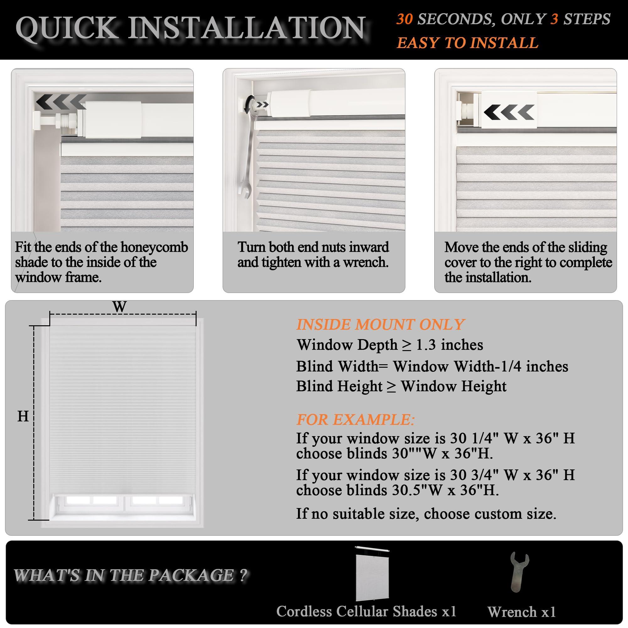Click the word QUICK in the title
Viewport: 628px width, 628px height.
[67, 29]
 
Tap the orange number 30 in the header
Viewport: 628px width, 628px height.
[404, 19]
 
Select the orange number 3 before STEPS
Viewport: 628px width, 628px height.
[554, 19]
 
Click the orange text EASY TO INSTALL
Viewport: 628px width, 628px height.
[468, 43]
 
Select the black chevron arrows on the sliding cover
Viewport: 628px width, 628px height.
[509, 112]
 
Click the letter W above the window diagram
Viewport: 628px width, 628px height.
[120, 306]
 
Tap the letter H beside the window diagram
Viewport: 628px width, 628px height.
[23, 416]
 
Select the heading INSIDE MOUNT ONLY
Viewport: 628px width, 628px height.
[380, 324]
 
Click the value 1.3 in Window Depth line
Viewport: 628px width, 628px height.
[425, 345]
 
